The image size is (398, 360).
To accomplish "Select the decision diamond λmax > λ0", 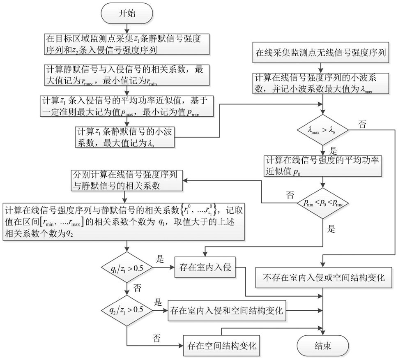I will [323, 131].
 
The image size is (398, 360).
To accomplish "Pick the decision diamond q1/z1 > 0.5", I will [127, 269].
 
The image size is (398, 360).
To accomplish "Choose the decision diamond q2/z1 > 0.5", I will [127, 311].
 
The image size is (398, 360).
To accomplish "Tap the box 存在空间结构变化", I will [222, 345].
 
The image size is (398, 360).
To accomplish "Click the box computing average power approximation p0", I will [323, 165].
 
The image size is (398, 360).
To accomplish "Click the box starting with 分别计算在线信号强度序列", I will [127, 180].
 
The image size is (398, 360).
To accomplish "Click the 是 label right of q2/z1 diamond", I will [158, 302].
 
